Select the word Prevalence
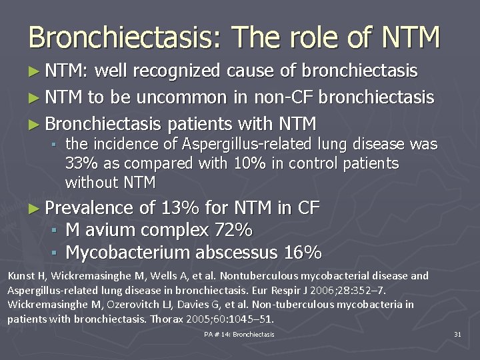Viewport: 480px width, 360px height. click(x=93, y=209)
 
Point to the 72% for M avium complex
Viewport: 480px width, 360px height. click(x=233, y=231)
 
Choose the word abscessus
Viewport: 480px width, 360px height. click(x=234, y=253)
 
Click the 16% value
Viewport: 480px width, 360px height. click(x=303, y=253)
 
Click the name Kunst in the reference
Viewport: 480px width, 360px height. click(x=19, y=275)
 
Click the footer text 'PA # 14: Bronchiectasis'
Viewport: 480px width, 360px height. click(x=239, y=334)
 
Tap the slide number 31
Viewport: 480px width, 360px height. click(x=457, y=334)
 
